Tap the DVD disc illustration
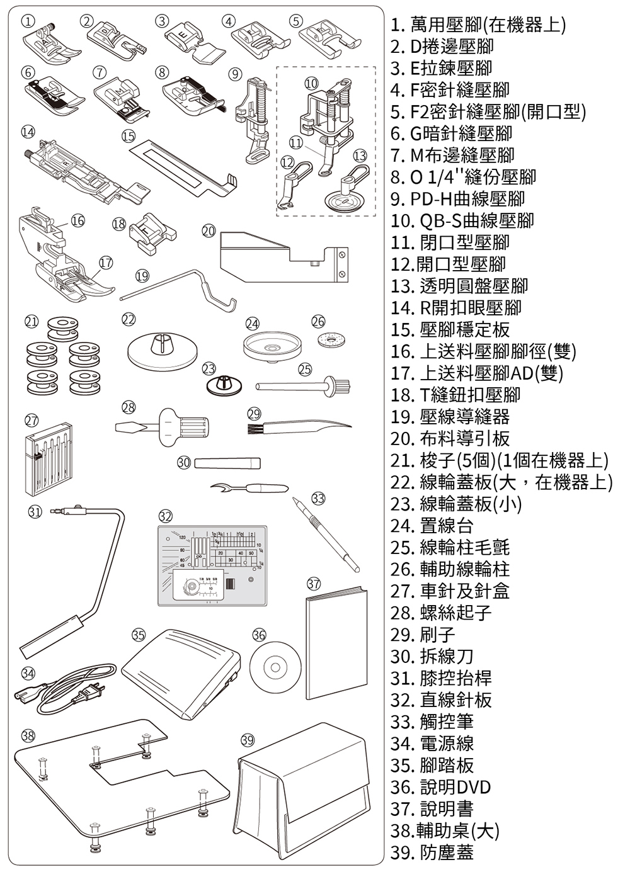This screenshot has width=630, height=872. point(274,665)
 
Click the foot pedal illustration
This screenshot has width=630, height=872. point(181,672)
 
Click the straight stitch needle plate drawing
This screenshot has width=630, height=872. point(212,565)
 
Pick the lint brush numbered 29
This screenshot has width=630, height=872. point(296,427)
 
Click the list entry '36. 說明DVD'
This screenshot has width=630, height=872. point(440,787)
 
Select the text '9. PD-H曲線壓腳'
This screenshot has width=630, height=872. point(457,199)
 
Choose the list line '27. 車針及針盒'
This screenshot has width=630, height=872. point(450,591)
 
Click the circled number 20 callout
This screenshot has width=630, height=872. point(209,231)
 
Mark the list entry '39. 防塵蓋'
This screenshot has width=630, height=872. point(432,852)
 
